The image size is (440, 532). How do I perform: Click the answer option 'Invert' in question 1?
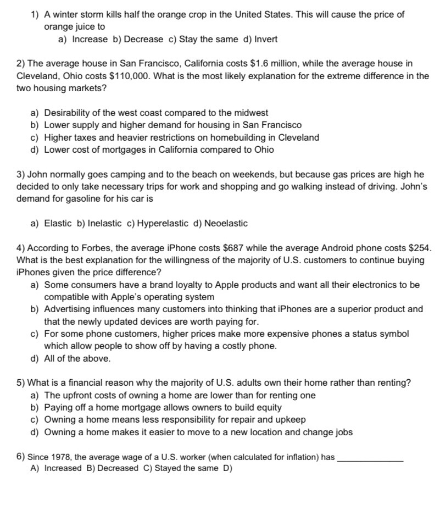point(266,39)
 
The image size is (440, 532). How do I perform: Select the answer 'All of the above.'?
point(77,358)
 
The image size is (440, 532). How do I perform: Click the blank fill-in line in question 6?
point(371,457)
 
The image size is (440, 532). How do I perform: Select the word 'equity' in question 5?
point(269,407)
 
